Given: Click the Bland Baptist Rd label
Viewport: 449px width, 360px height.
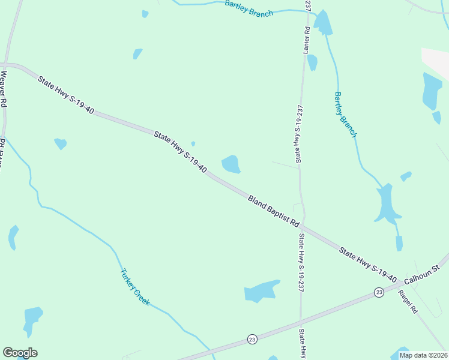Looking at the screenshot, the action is pyautogui.click(x=273, y=210).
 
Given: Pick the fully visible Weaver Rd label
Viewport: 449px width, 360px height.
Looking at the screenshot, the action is pyautogui.click(x=4, y=89).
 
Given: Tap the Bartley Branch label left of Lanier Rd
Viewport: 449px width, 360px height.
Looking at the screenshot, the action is pyautogui.click(x=249, y=8).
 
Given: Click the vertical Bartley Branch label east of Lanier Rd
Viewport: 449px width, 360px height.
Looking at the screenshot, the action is pyautogui.click(x=345, y=115).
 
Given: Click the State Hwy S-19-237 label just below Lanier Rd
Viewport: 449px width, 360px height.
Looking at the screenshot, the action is pyautogui.click(x=298, y=133).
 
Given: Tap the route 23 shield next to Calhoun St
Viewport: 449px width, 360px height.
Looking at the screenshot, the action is pyautogui.click(x=379, y=292).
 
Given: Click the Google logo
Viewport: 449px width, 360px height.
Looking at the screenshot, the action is pyautogui.click(x=20, y=353).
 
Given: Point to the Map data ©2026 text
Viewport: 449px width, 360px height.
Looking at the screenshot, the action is pyautogui.click(x=424, y=355).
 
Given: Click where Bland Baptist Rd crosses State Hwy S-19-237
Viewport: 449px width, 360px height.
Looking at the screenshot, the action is pyautogui.click(x=303, y=227).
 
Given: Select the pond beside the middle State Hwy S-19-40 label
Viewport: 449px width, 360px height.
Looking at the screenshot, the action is pyautogui.click(x=231, y=164).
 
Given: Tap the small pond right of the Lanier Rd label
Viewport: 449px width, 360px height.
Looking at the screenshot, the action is pyautogui.click(x=312, y=62).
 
